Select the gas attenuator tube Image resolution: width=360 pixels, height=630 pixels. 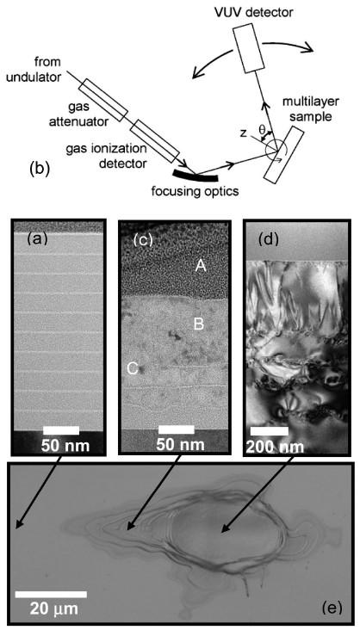[x=101, y=100]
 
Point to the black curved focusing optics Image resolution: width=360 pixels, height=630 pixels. [x=196, y=176]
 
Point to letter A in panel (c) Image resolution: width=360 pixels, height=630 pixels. [x=200, y=265]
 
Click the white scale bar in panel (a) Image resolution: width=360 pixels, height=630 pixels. [x=61, y=429]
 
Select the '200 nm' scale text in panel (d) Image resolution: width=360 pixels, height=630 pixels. [x=274, y=447]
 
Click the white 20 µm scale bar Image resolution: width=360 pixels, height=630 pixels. [x=51, y=594]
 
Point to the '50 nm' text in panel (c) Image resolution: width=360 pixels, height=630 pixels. [x=177, y=445]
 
